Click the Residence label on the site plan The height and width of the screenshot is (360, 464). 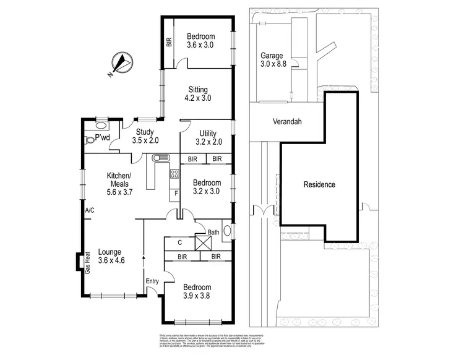[320, 184]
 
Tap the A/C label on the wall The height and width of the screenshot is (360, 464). [90, 210]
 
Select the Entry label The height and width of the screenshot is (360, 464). [152, 281]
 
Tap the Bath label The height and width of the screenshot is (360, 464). [213, 233]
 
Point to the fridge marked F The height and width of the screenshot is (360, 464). [176, 194]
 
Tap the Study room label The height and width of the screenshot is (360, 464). [145, 131]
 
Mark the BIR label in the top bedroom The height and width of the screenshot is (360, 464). [168, 43]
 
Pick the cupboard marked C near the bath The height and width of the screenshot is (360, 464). [179, 242]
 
